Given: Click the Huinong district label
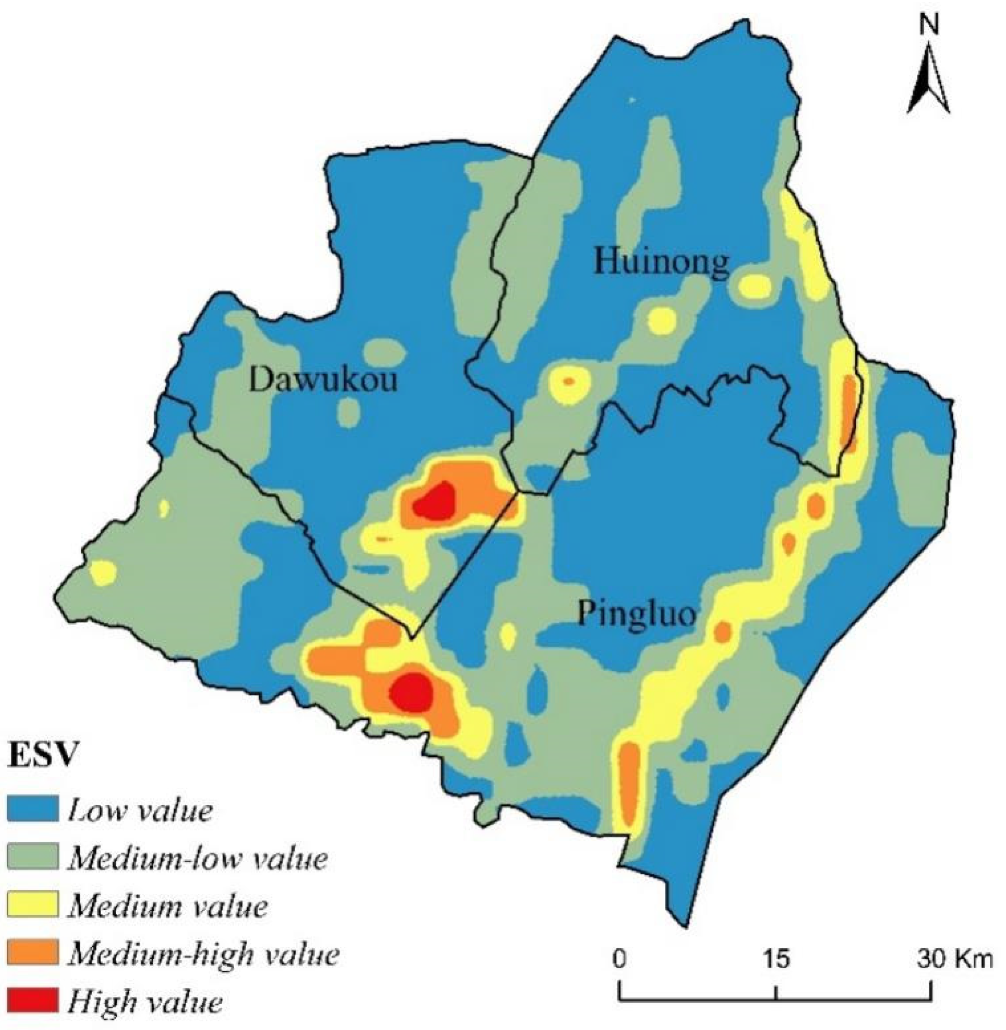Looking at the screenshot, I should pos(661,262).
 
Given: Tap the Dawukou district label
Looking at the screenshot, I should pos(323,379).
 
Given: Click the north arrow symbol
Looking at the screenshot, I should pos(929,79).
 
